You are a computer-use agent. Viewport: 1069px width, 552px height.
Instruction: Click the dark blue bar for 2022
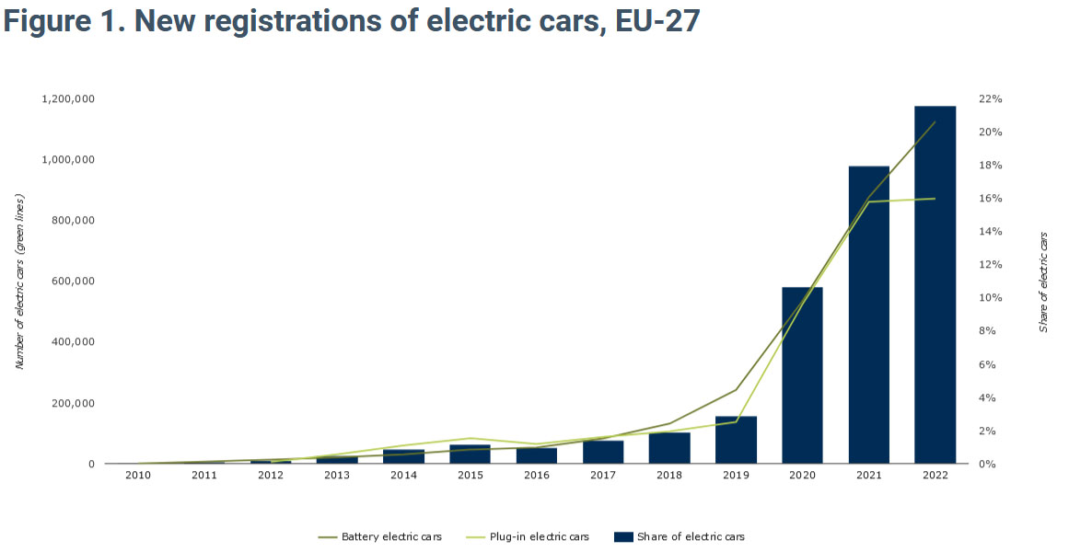click(x=935, y=285)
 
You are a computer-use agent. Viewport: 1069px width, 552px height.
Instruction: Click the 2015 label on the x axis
click(x=470, y=475)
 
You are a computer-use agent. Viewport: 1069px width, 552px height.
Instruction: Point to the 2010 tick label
click(x=138, y=475)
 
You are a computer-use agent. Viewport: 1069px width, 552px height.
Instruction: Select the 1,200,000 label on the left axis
click(x=68, y=98)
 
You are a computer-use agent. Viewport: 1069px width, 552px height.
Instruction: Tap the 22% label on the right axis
click(x=991, y=98)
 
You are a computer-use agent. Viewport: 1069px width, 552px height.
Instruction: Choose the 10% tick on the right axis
click(x=991, y=298)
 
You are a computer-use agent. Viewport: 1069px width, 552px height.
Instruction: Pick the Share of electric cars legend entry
click(x=690, y=536)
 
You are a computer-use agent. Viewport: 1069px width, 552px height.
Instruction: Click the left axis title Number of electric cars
click(x=19, y=282)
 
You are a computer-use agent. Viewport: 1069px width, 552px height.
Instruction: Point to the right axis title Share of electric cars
click(x=1043, y=282)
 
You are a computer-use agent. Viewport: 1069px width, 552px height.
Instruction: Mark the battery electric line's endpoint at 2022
click(x=935, y=121)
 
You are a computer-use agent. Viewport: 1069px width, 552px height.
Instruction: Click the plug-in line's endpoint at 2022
click(x=935, y=199)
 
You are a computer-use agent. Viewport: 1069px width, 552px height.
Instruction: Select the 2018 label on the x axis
click(x=669, y=475)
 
